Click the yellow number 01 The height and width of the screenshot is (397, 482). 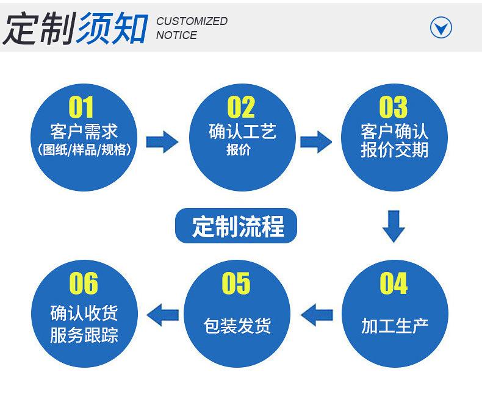[81, 107]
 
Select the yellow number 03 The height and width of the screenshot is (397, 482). [393, 107]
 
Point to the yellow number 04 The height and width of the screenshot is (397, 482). [394, 284]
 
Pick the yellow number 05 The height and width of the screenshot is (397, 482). [236, 284]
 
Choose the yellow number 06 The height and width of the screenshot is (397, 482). [83, 284]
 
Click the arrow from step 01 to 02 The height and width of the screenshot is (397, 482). [162, 142]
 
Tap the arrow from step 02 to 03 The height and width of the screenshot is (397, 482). [316, 142]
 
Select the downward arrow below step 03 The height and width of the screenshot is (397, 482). [394, 226]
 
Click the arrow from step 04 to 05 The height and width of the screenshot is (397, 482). [317, 315]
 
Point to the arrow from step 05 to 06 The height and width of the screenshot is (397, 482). [163, 315]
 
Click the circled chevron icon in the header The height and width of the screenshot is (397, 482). [441, 27]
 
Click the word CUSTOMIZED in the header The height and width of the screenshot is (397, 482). [192, 21]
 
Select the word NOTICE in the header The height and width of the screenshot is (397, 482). [176, 35]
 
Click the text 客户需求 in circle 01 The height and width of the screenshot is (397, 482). [84, 131]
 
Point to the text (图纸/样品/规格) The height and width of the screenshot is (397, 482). [84, 149]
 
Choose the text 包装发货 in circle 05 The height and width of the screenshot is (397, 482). [237, 325]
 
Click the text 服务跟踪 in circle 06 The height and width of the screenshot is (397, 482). [84, 335]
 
